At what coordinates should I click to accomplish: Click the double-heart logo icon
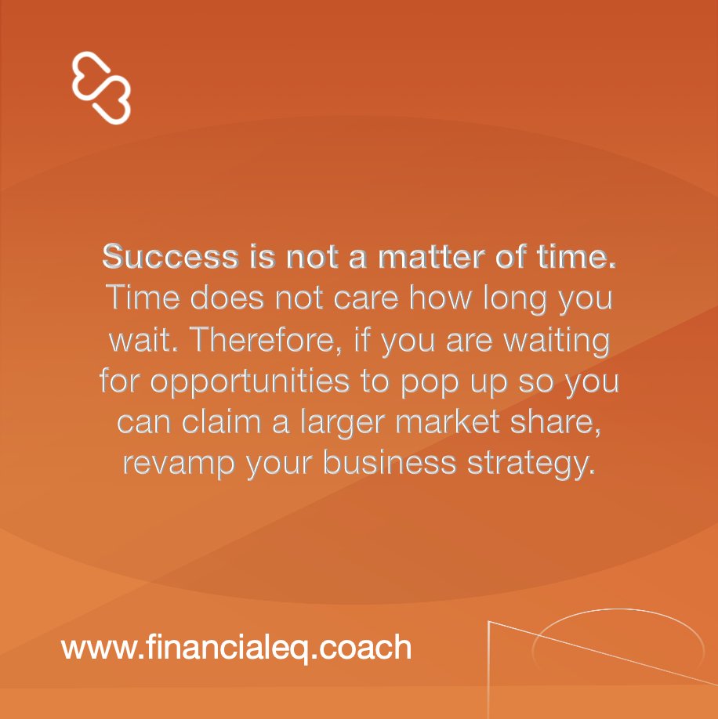[101, 87]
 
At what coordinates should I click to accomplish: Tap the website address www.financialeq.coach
[236, 648]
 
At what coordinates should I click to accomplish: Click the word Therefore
[249, 340]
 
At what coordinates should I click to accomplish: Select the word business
[389, 464]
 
